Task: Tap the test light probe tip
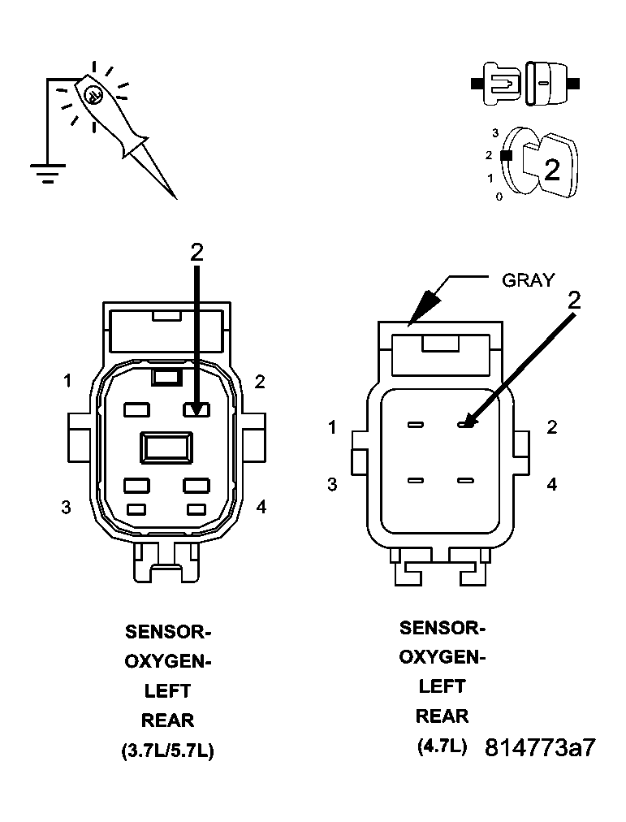[x=173, y=194]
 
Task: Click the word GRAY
[x=528, y=280]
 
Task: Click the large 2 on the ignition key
[x=551, y=169]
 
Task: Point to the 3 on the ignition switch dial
[x=495, y=132]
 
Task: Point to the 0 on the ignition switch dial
[x=499, y=197]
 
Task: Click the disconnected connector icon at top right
[x=525, y=84]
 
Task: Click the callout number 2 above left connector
[x=196, y=253]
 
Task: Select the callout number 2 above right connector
[x=574, y=300]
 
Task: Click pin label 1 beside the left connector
[x=69, y=380]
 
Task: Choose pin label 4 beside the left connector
[x=261, y=507]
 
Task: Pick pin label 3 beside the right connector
[x=332, y=485]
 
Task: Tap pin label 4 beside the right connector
[x=552, y=485]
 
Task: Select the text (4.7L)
[x=443, y=746]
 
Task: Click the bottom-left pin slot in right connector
[x=416, y=481]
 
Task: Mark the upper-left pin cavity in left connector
[x=136, y=410]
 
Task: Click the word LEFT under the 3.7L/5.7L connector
[x=167, y=691]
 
